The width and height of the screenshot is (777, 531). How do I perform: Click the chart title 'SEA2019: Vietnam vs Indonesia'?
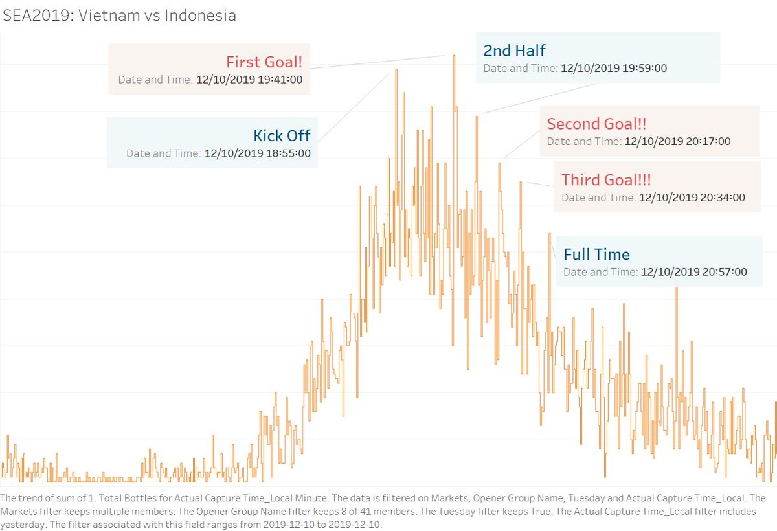(120, 16)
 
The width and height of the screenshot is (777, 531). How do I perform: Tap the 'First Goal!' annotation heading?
(264, 62)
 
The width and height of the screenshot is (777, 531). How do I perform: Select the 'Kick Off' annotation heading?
(282, 135)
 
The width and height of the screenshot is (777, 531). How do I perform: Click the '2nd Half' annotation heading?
(515, 51)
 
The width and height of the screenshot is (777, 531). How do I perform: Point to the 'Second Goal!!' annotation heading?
(596, 124)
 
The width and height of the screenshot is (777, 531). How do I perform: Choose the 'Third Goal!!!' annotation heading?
(606, 179)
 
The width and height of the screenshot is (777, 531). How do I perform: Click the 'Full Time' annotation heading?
(596, 254)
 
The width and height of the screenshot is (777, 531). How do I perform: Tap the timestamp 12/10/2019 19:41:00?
(249, 80)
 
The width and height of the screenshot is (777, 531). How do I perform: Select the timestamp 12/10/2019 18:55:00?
(258, 153)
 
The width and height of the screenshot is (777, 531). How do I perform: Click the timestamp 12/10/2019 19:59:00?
(614, 67)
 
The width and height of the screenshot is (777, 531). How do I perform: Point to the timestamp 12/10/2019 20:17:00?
(677, 141)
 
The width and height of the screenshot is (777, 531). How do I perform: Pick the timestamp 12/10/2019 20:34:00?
(692, 197)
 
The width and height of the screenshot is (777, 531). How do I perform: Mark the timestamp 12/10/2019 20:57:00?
(693, 272)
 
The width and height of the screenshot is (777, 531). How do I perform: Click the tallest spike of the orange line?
(454, 56)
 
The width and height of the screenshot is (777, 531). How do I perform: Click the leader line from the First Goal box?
(376, 62)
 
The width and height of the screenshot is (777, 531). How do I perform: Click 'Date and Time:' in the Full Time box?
(600, 272)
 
